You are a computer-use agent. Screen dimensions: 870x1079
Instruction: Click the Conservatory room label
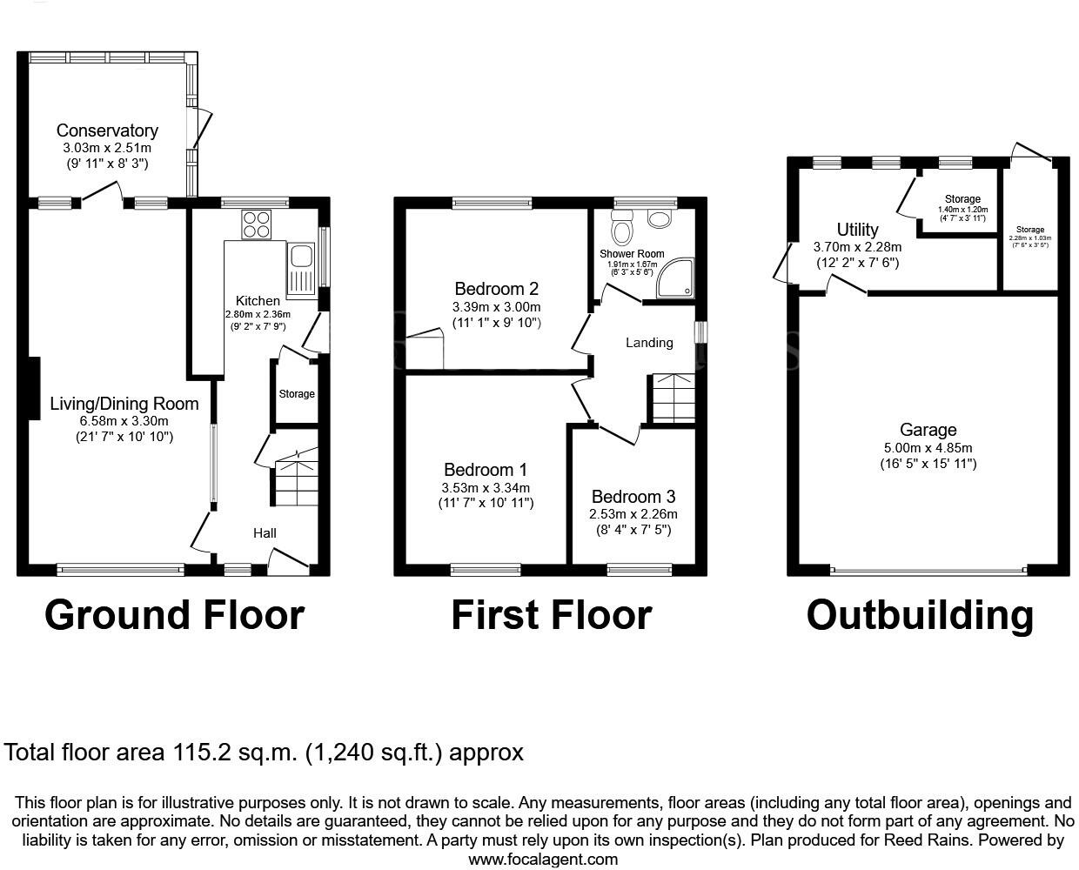107,130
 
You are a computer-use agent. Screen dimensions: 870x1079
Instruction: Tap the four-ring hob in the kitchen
256,224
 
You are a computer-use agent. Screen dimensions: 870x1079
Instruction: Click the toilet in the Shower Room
621,230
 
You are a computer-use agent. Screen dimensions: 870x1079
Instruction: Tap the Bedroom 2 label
496,289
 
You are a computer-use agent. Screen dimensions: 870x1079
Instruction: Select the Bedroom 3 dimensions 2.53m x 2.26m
633,514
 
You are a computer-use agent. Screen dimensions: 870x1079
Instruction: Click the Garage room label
928,430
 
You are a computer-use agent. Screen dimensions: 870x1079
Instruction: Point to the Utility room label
857,230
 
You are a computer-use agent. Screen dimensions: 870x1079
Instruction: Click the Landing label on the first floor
649,343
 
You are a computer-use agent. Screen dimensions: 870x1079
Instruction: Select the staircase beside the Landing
672,398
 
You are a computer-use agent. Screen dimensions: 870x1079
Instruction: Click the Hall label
265,532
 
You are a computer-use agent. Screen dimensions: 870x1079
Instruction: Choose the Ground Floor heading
174,614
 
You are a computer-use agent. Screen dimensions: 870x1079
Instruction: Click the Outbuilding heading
920,614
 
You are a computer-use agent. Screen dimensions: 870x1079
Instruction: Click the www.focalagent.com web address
543,860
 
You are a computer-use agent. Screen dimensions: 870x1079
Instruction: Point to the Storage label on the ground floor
297,394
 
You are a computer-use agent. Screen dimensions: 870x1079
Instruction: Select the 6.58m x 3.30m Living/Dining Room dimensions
124,421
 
